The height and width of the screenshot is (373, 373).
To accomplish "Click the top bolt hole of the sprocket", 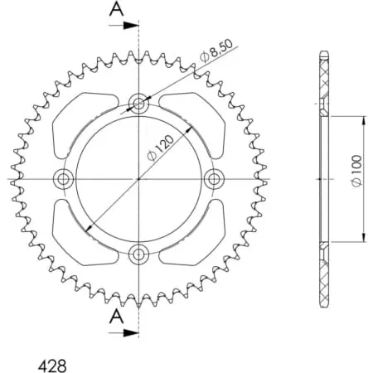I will (139, 103).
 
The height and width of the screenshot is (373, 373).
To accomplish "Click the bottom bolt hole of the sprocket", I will (139, 254).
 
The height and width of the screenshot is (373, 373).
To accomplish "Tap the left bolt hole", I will (63, 178).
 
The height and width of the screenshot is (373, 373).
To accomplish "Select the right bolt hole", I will (215, 178).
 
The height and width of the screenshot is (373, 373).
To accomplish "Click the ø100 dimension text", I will (355, 178).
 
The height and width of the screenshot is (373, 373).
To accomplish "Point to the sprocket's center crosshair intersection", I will (139, 178).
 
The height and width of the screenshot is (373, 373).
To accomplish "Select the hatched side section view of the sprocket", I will (323, 178).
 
